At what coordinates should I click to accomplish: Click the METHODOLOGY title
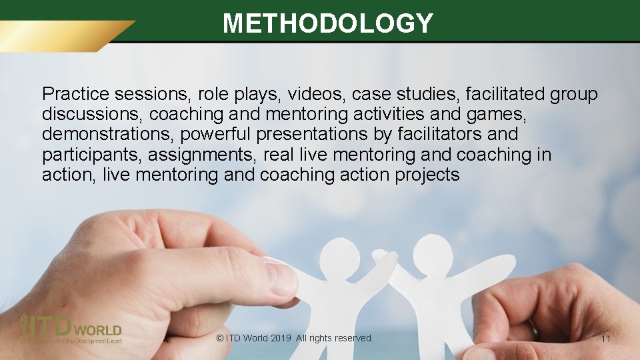pyautogui.click(x=328, y=23)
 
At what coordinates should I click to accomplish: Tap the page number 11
pyautogui.click(x=605, y=339)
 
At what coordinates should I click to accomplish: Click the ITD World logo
pyautogui.click(x=71, y=329)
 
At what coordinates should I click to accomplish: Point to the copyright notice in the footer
pyautogui.click(x=295, y=338)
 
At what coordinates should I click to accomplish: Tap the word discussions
pyautogui.click(x=92, y=114)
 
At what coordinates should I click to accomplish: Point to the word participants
pyautogui.click(x=92, y=155)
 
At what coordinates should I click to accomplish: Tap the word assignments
pyautogui.click(x=203, y=155)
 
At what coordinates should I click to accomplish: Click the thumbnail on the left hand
pyautogui.click(x=280, y=278)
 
